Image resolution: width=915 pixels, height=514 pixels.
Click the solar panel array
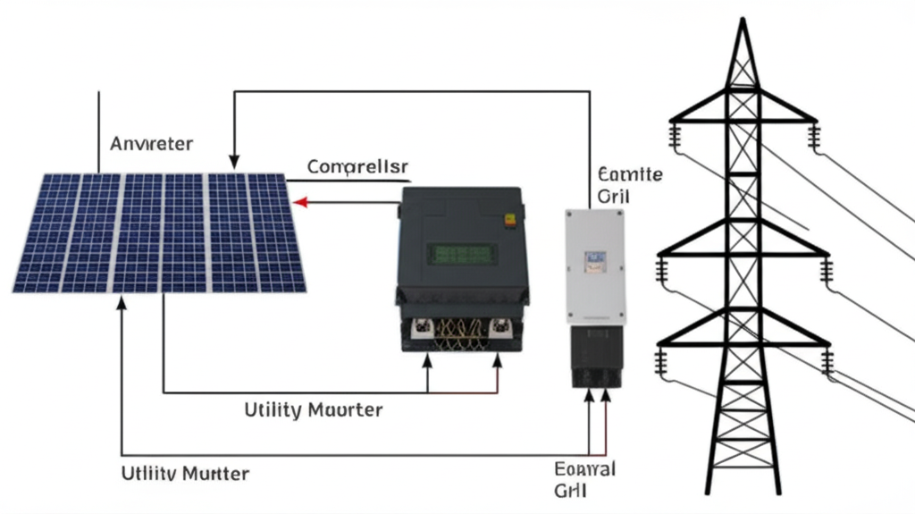tap(159, 232)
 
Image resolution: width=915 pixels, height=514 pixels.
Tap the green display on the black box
tap(462, 254)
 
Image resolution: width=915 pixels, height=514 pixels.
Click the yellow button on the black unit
tap(510, 218)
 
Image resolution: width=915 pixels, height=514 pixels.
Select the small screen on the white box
tap(595, 260)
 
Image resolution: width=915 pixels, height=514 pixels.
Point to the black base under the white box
tap(597, 355)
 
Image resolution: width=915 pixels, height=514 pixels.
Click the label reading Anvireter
tap(152, 143)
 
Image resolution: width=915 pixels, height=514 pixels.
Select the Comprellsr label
tap(357, 166)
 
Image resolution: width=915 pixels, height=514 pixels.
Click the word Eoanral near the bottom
tap(585, 468)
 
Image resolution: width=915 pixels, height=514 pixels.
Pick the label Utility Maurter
tap(313, 410)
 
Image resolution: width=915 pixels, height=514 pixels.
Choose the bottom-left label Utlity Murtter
tap(185, 473)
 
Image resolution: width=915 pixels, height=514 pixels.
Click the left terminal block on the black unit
tap(421, 329)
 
